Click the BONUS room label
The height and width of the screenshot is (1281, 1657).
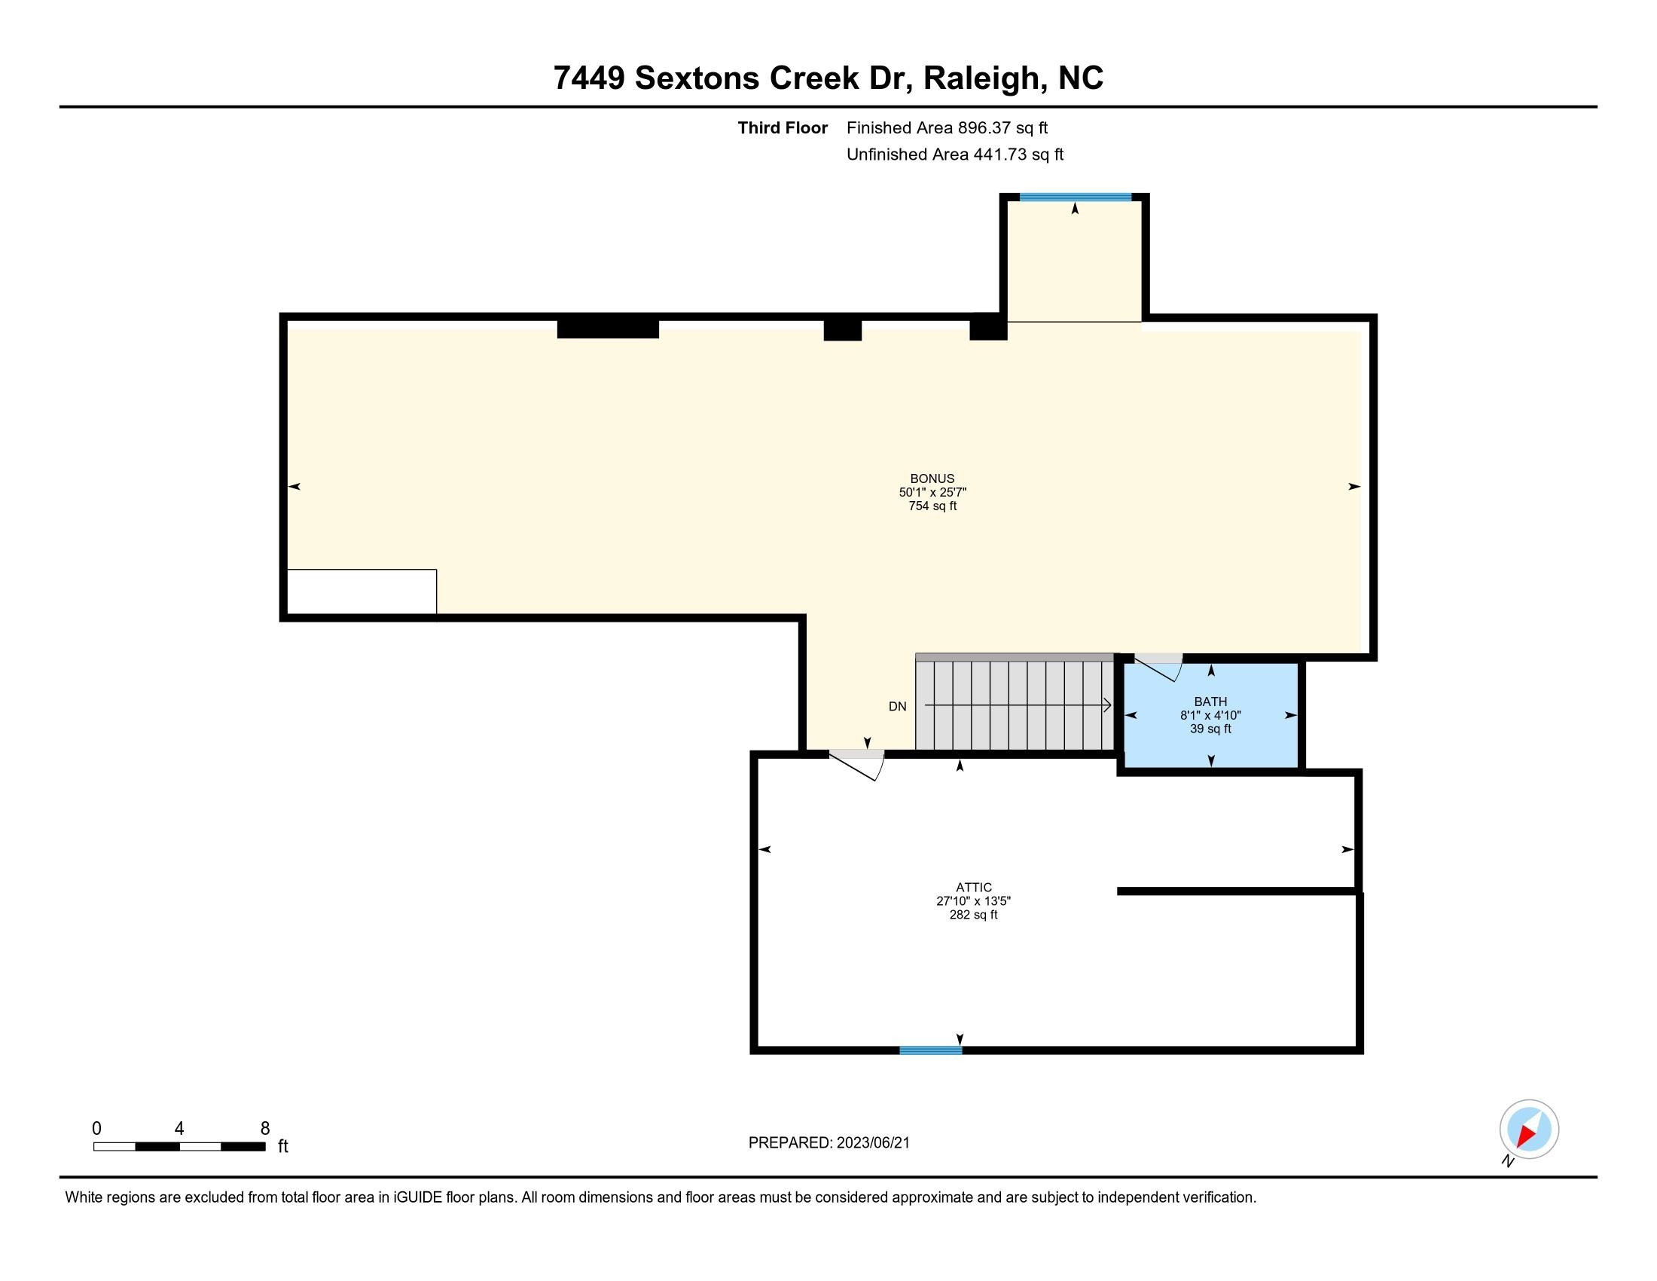point(932,478)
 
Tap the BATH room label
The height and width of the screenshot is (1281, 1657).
point(1210,702)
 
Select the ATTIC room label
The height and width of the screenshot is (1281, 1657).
point(973,887)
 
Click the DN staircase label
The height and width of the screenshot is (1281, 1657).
point(898,707)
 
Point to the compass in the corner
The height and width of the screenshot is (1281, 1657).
point(1528,1130)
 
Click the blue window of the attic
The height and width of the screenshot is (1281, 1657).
point(930,1050)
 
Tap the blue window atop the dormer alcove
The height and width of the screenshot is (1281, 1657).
point(1075,197)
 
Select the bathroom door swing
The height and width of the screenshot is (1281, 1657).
point(1159,667)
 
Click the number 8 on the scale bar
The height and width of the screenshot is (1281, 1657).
point(265,1129)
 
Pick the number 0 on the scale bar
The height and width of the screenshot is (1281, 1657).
point(96,1129)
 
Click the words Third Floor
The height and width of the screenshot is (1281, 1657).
point(783,128)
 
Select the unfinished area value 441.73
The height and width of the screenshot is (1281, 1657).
point(1000,154)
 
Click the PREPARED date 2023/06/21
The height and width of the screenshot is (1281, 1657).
point(872,1143)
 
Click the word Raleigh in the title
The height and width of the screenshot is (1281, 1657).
point(980,78)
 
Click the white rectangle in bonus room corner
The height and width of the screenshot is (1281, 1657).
point(361,592)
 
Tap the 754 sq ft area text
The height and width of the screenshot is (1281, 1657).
point(932,506)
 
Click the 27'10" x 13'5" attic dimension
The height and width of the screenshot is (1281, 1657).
point(973,901)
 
